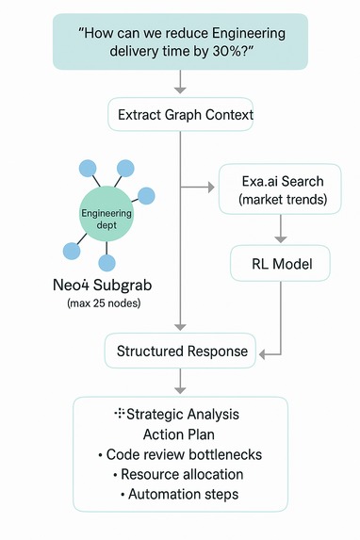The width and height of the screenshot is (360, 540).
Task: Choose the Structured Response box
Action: coord(182,352)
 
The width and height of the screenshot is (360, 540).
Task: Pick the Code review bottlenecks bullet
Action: coord(179,454)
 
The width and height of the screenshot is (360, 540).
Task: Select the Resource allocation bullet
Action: coord(179,474)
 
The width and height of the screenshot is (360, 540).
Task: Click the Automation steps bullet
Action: coord(179,494)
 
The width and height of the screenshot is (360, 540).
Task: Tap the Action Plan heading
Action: coord(179,434)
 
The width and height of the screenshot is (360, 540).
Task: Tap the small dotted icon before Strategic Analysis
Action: coord(120,414)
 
